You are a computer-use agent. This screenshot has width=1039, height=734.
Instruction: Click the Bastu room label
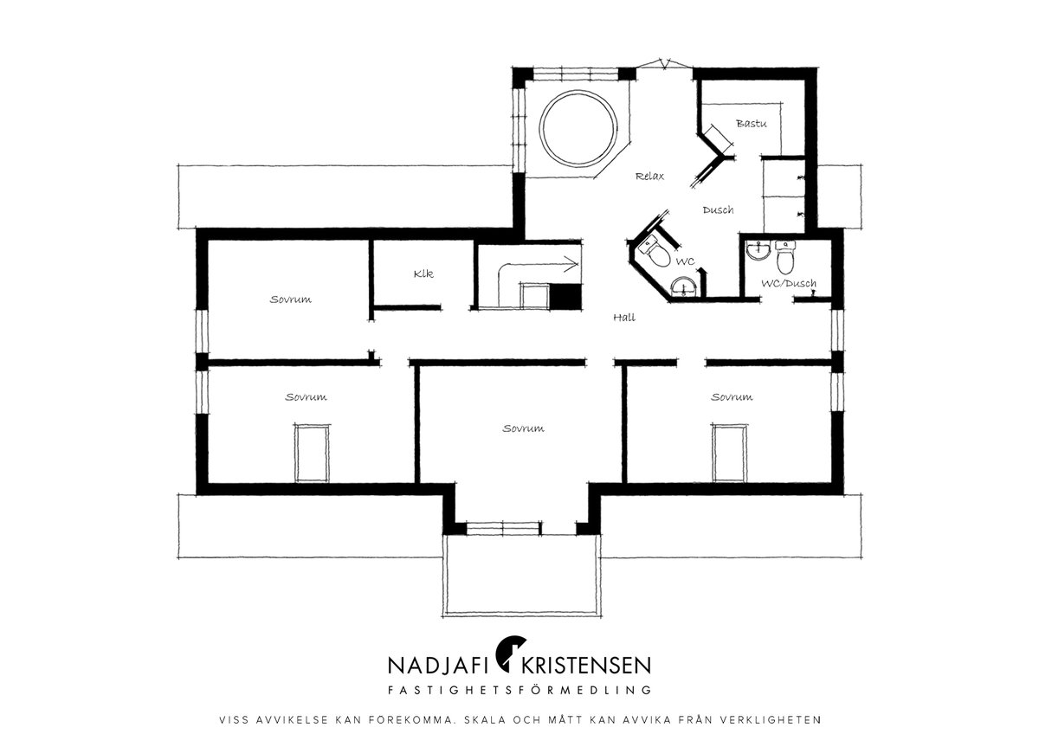tap(751, 123)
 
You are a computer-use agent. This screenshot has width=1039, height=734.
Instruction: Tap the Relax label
tap(649, 177)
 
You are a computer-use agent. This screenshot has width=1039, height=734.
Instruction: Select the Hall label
tap(624, 318)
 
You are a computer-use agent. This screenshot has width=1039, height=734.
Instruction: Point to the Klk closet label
tap(423, 274)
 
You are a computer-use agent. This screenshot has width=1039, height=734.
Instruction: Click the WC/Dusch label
tap(789, 283)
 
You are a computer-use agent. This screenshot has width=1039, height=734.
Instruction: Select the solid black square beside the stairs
tap(565, 296)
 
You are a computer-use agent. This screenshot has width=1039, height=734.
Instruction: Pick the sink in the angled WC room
tap(684, 287)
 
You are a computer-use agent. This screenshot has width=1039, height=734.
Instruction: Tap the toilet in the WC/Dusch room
tap(784, 257)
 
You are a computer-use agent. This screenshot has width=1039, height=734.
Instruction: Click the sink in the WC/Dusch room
tap(758, 251)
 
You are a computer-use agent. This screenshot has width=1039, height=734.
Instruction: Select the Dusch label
tap(718, 210)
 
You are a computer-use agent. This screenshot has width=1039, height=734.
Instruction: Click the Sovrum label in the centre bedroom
tap(523, 428)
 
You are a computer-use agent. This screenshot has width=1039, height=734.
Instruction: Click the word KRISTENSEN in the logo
tap(586, 666)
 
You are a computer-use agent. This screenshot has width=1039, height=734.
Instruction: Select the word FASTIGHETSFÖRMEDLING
tap(519, 690)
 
